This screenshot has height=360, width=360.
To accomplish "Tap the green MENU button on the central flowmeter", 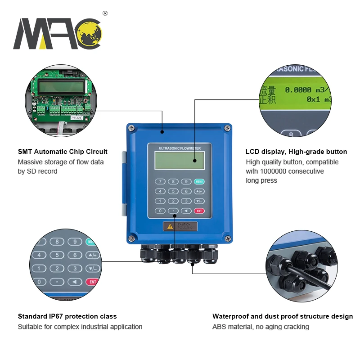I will (x=199, y=182).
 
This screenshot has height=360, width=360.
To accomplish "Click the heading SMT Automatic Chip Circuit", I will (x=63, y=152).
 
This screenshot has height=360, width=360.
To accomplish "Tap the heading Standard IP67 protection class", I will (x=67, y=316).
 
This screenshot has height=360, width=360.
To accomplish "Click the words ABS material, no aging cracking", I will (x=261, y=327).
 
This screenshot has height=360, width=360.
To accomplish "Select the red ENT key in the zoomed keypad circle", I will (x=92, y=282).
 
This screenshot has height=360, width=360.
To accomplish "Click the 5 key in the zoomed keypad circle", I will (x=57, y=255).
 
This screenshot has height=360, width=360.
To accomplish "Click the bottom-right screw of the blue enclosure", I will (x=228, y=238).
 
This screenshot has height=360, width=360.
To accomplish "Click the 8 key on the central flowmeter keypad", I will (x=172, y=182).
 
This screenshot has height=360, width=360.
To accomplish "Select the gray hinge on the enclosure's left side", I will (x=123, y=182).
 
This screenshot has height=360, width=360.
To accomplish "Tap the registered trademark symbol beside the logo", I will (x=105, y=13).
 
